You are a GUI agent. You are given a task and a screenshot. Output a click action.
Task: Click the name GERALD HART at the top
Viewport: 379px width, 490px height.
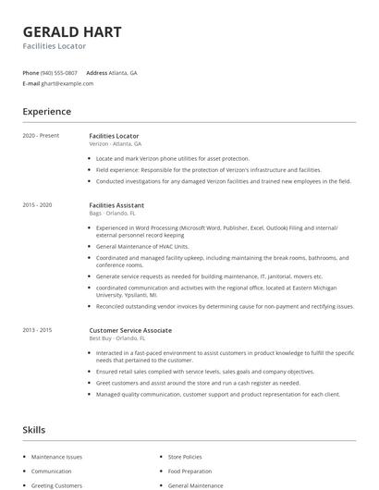(x=72, y=32)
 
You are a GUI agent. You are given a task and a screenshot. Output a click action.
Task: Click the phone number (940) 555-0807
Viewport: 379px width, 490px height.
(x=60, y=72)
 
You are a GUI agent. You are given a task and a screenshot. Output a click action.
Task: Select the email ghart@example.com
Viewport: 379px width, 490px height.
(x=67, y=83)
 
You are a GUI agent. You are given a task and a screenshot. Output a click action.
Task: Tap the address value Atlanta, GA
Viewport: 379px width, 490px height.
(x=123, y=72)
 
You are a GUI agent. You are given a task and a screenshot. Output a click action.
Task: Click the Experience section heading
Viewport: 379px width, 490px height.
(x=46, y=112)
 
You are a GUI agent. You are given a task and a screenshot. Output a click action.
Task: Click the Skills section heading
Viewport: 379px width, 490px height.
(x=33, y=430)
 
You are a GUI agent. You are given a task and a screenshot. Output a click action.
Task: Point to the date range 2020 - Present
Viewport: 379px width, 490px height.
(x=41, y=136)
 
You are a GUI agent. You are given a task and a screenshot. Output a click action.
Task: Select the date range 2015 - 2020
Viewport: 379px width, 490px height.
(x=37, y=204)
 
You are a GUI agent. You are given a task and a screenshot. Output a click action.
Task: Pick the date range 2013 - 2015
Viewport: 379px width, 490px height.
(x=37, y=330)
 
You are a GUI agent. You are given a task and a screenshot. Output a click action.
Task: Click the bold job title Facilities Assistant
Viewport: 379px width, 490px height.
(x=116, y=204)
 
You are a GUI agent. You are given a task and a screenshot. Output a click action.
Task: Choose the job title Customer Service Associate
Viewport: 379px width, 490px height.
(x=130, y=330)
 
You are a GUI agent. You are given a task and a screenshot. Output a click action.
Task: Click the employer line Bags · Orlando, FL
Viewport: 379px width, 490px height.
(x=112, y=213)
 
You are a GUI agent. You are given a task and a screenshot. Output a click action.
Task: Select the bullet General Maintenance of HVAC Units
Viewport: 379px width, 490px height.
(x=142, y=247)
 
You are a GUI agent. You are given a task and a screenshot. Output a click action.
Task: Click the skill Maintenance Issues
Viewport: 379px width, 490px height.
(x=56, y=457)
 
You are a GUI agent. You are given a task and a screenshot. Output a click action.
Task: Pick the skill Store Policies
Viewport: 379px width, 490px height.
(x=185, y=457)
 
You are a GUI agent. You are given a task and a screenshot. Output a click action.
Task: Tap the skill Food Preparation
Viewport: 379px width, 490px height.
(x=189, y=471)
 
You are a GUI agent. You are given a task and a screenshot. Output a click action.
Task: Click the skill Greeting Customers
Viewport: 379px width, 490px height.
(x=56, y=484)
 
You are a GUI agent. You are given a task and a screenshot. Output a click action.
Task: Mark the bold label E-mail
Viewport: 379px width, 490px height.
(x=31, y=83)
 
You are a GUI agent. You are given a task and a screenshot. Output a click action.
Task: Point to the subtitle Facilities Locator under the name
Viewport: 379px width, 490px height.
(x=55, y=46)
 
